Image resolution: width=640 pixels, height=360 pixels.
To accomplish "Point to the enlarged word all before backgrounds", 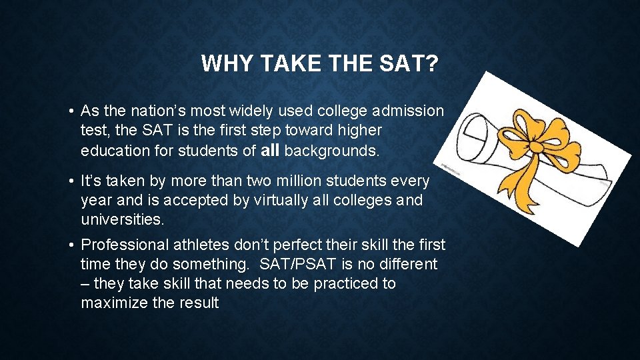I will [270, 150].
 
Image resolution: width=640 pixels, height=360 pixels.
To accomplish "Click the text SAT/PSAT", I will [313, 265].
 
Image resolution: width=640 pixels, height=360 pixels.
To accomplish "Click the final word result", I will [197, 303].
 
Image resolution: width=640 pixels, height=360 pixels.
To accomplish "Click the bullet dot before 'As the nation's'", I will [69, 111].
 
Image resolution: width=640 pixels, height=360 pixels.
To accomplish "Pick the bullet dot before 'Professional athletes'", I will [69, 246].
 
